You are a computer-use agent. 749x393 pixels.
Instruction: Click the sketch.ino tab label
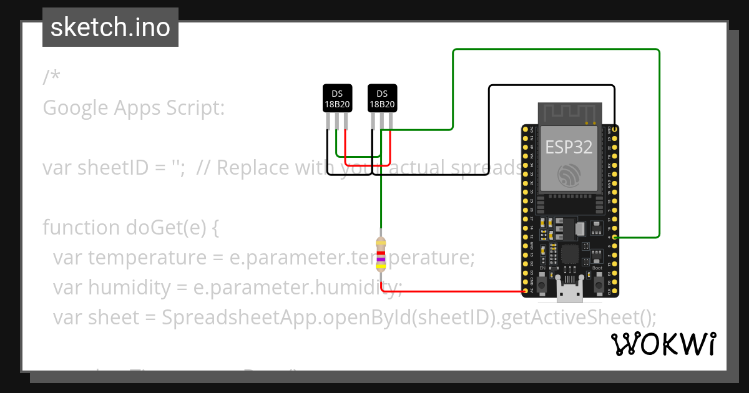(x=110, y=27)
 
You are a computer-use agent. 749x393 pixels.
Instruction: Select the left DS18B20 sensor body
(x=337, y=98)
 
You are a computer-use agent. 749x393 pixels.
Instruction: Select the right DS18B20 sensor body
(x=382, y=98)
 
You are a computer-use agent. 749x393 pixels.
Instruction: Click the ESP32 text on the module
(x=568, y=147)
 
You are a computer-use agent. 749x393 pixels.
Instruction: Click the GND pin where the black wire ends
(x=615, y=129)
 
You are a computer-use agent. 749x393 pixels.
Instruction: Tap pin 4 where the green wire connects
(x=615, y=237)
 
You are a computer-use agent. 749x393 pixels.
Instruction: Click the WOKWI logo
(x=663, y=344)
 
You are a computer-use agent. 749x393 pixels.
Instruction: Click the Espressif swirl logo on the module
(x=568, y=175)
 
